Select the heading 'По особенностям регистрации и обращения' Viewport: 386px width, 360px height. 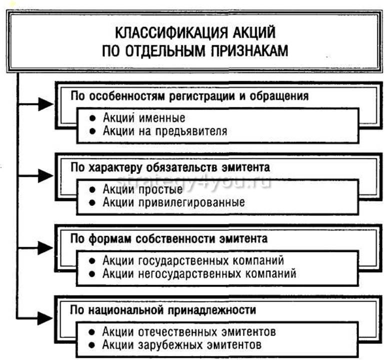pos(189,95)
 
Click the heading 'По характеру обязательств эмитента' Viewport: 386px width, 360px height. pos(171,166)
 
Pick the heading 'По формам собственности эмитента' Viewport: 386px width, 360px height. pos(169,238)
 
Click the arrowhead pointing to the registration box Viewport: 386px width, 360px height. pos(47,104)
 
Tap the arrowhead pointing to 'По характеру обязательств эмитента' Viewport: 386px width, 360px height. pos(47,175)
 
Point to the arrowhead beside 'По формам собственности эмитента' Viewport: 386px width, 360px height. pos(47,246)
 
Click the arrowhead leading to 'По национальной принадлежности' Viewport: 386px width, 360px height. pos(47,317)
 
